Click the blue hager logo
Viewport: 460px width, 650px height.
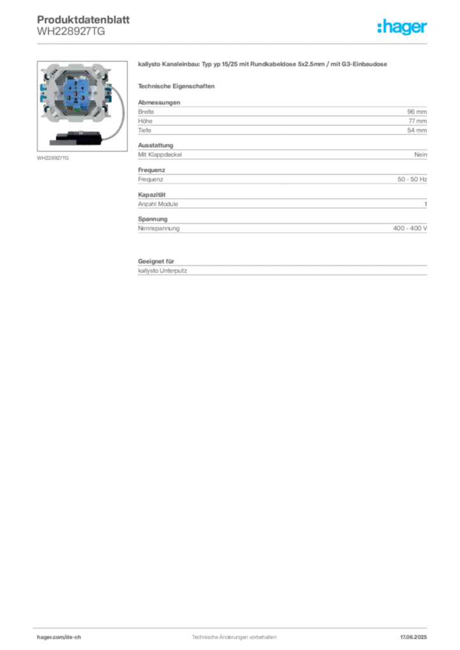[403, 28]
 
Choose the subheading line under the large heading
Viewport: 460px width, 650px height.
[179, 86]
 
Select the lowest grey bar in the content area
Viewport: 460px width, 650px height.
[282, 272]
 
